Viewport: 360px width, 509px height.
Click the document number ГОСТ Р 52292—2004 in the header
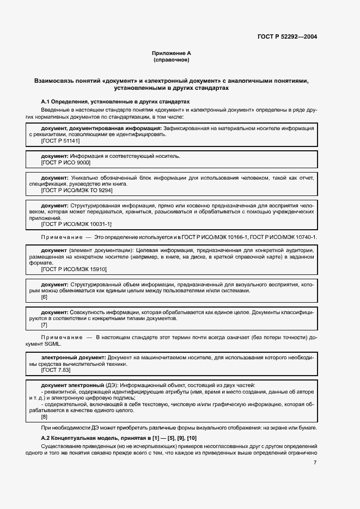(x=287, y=37)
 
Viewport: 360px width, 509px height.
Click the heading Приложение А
(x=171, y=53)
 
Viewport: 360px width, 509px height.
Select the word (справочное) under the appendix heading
(x=171, y=60)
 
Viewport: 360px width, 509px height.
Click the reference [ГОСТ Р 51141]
(x=60, y=141)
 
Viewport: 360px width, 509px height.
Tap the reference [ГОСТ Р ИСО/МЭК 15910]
(x=74, y=269)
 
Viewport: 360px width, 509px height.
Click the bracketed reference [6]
(x=45, y=297)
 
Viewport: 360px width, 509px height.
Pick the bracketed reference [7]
(x=45, y=325)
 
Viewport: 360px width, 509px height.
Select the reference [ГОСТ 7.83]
(x=56, y=370)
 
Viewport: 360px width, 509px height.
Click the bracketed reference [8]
(x=45, y=417)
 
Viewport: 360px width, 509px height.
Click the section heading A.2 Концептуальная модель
(x=118, y=438)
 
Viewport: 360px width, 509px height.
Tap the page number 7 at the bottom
(x=315, y=463)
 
